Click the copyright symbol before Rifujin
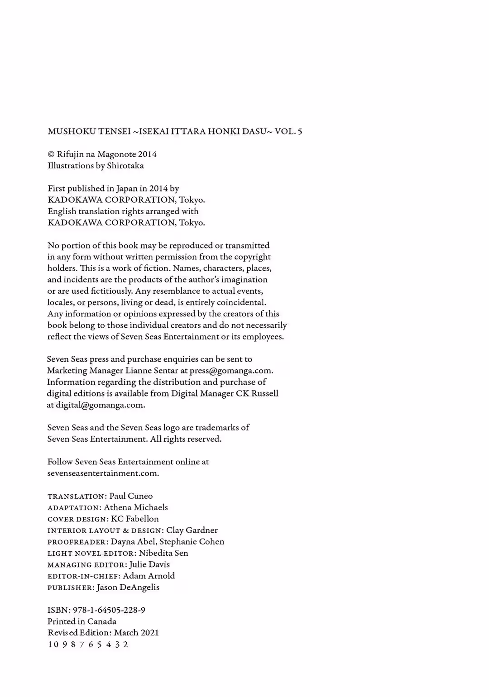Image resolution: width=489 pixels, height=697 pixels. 51,154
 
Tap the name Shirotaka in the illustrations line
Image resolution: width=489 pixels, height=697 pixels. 125,166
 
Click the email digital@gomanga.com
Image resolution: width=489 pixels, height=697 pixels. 100,405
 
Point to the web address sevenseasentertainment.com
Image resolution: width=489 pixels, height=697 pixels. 103,473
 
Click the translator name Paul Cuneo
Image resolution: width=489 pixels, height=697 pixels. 131,496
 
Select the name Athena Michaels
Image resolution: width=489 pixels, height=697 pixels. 136,507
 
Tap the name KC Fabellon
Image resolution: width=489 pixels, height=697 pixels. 135,519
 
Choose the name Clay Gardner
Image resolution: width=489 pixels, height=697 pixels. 192,530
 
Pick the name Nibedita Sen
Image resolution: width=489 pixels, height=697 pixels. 163,553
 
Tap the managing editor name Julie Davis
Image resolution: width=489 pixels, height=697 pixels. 149,564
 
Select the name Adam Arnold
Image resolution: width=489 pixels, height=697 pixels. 149,576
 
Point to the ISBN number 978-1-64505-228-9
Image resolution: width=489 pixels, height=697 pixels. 109,610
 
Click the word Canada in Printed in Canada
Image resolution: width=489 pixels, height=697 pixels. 102,621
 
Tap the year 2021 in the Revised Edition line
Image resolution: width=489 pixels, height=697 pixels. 149,633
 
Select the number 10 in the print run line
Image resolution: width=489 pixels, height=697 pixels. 53,644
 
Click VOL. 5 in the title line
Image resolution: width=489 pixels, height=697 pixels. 288,132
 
